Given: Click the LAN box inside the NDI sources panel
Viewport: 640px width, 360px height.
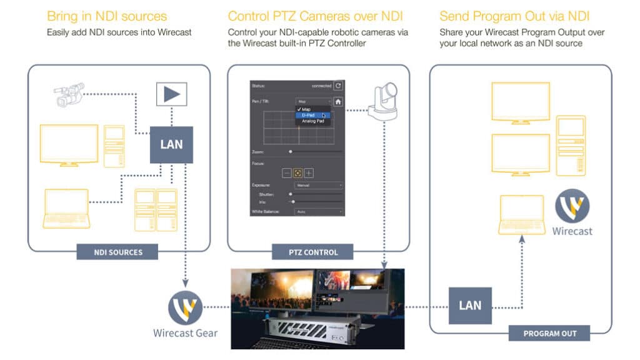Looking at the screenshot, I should (171, 144).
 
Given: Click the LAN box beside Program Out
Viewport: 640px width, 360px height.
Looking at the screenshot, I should (470, 305).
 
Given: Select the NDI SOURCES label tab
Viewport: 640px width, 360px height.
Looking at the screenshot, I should (117, 252).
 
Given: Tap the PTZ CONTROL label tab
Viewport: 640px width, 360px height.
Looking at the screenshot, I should (312, 252).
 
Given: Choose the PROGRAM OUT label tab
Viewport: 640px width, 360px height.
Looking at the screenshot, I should (549, 333).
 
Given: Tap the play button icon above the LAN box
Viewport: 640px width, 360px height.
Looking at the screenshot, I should (171, 95).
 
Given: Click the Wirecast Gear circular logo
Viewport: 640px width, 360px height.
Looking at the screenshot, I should (185, 308).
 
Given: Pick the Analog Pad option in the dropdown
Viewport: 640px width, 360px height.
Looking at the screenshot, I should (312, 121).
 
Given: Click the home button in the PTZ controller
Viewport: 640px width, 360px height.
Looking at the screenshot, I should (338, 101).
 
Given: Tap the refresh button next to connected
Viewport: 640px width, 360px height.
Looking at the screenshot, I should (338, 86).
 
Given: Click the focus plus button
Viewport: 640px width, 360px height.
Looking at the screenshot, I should (309, 173).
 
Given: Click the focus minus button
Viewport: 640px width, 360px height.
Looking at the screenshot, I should (287, 173).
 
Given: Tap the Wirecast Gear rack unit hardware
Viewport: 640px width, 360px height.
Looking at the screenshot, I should (317, 326).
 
